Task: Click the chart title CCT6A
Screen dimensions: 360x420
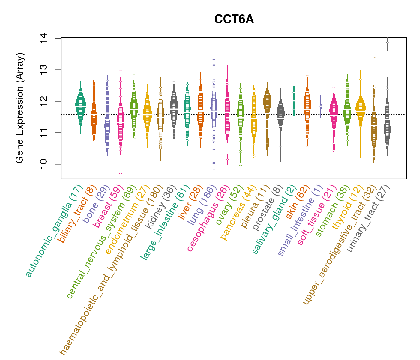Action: tap(234, 19)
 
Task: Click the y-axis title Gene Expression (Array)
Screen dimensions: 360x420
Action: tap(20, 108)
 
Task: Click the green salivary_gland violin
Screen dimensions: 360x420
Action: tap(294, 99)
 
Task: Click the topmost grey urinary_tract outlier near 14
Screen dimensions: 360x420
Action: tap(387, 43)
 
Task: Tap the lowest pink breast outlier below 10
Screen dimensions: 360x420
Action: tap(121, 173)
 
